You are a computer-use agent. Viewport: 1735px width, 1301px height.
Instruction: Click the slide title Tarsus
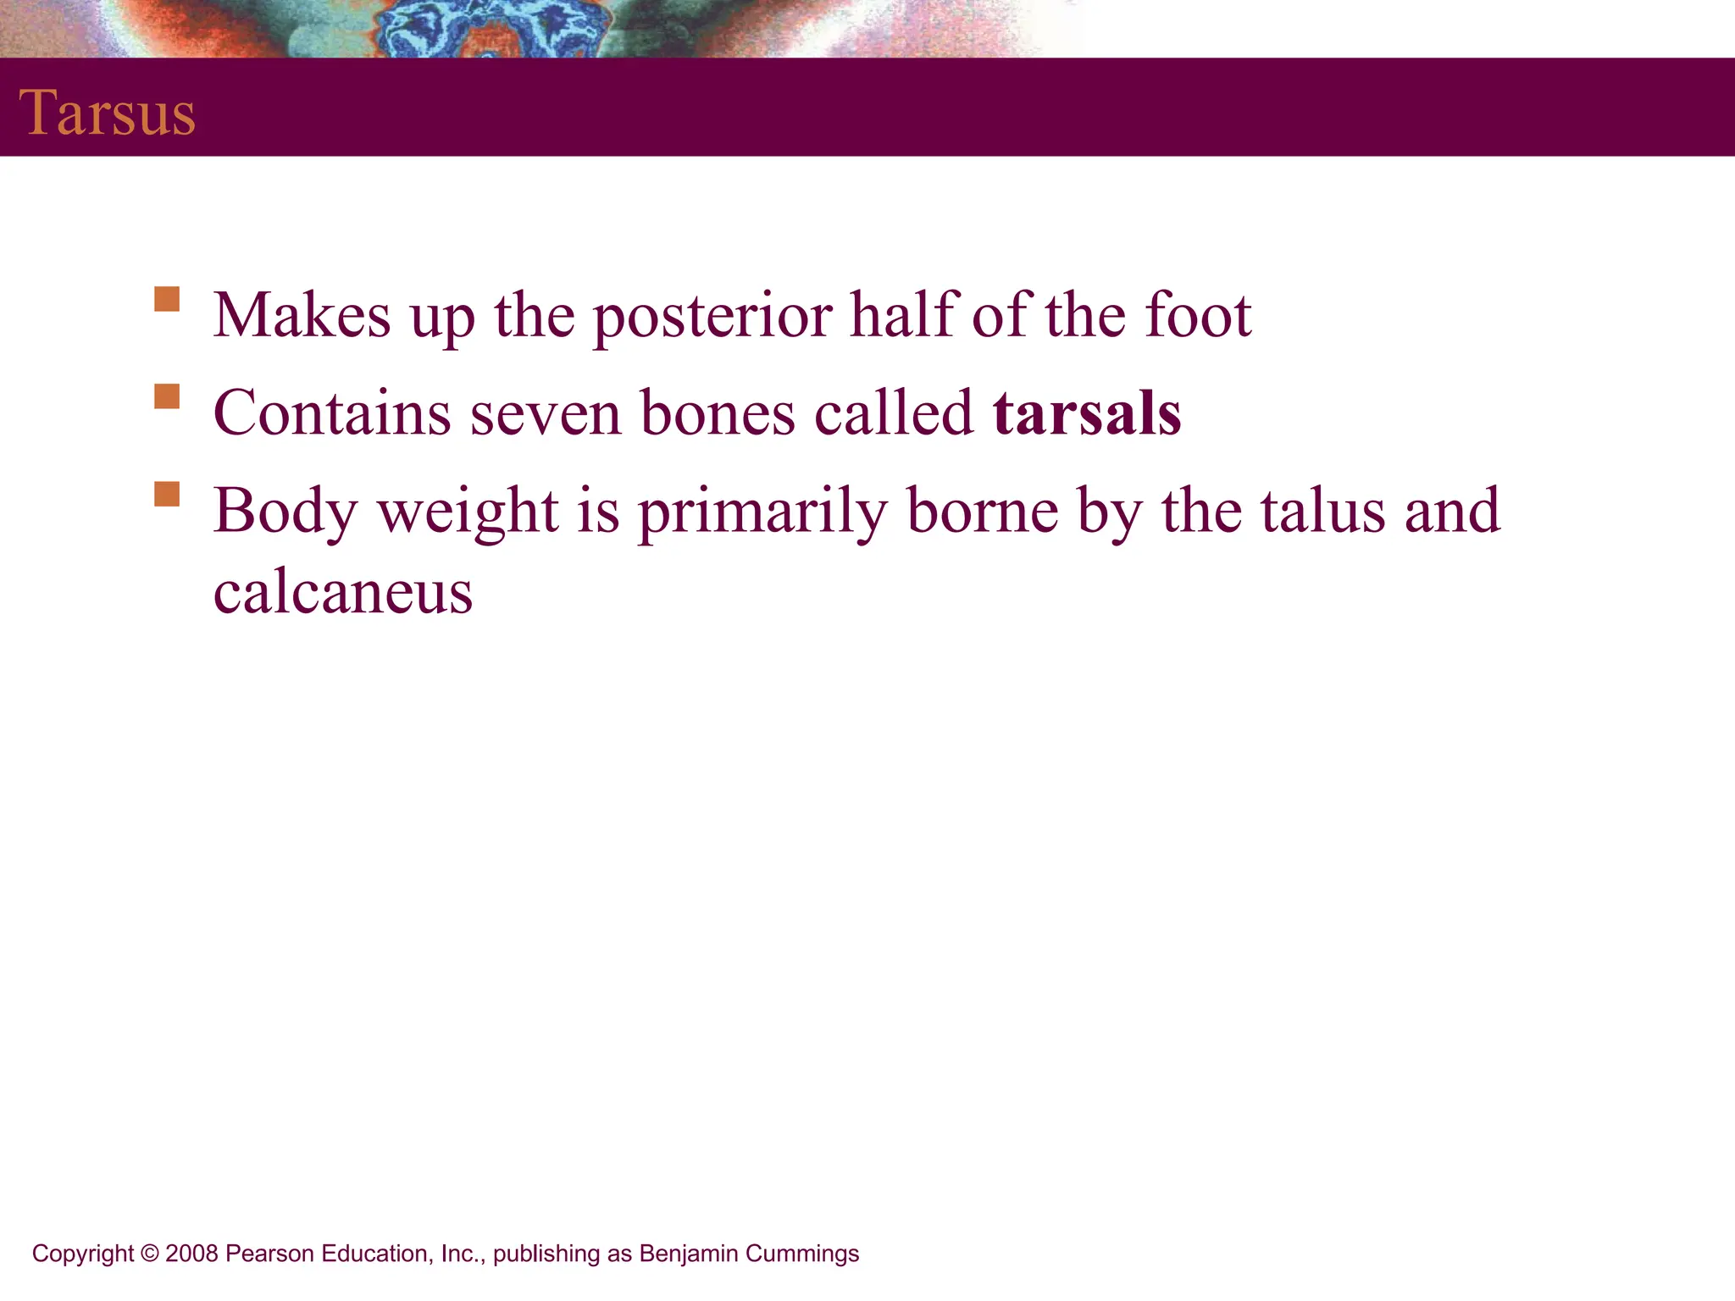(107, 113)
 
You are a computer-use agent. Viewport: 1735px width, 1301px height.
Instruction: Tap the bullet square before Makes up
(167, 300)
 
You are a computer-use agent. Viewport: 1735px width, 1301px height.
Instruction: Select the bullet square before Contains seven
(167, 396)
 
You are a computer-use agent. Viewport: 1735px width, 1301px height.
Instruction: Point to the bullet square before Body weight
(167, 494)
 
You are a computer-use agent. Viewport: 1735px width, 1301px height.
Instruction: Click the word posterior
(712, 316)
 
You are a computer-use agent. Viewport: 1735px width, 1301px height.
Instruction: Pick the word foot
(1198, 314)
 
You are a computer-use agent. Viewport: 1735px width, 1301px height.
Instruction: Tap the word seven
(546, 414)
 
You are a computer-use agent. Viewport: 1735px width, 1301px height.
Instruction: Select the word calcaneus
(343, 592)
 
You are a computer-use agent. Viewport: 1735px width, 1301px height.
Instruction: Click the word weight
(468, 512)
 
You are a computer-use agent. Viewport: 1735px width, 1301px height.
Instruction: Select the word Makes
(302, 314)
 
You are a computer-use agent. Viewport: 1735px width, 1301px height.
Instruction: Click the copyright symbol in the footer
(150, 1254)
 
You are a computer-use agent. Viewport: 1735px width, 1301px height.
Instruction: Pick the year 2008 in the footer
(192, 1254)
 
